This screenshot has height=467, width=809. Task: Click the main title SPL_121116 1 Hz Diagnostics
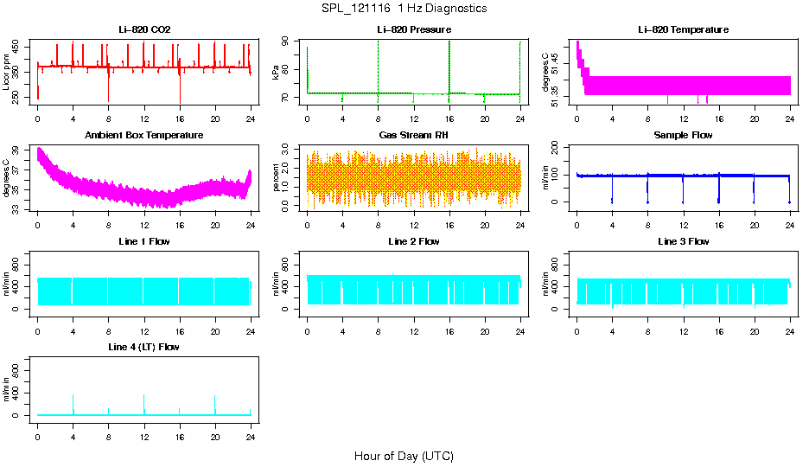tap(404, 9)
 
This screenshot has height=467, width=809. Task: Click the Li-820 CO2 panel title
tap(143, 30)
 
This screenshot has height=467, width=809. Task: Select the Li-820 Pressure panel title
tap(413, 30)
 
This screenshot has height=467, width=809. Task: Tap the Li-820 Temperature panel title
tap(683, 30)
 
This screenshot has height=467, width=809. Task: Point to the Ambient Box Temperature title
tap(143, 136)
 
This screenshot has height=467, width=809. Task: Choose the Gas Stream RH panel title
tap(413, 136)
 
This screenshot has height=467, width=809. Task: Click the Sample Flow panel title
tap(683, 136)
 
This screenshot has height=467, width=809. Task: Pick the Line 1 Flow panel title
tap(143, 241)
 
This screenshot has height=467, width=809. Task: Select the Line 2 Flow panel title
tap(413, 241)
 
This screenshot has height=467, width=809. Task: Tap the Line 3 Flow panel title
tap(683, 241)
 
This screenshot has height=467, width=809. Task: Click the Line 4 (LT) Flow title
tap(143, 347)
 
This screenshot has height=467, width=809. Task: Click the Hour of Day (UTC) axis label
tap(404, 456)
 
